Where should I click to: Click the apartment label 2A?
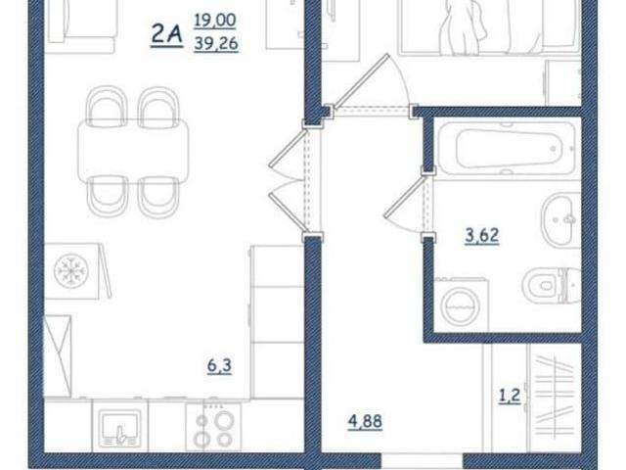[x=166, y=35]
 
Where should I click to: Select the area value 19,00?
[x=215, y=21]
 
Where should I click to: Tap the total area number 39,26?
[x=216, y=43]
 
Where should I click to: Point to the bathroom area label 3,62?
[x=482, y=235]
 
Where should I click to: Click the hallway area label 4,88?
[x=365, y=422]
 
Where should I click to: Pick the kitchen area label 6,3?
[x=219, y=365]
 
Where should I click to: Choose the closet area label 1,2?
[x=510, y=396]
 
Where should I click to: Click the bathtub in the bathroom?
[x=507, y=149]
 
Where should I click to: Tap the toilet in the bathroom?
[x=552, y=285]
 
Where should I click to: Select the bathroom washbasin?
[x=560, y=219]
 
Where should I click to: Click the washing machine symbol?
[x=462, y=305]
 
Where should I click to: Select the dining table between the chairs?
[x=133, y=152]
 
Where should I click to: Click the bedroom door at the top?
[x=372, y=85]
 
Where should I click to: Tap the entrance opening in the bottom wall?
[x=422, y=461]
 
